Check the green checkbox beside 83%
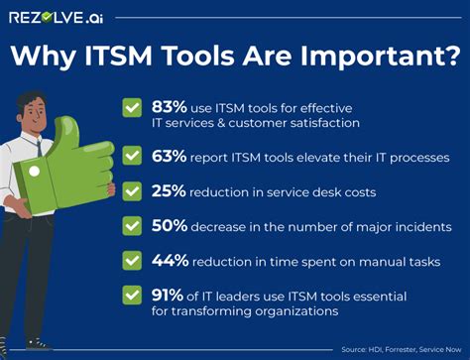[132, 107]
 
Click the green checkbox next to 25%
[132, 189]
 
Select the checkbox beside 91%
[132, 294]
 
